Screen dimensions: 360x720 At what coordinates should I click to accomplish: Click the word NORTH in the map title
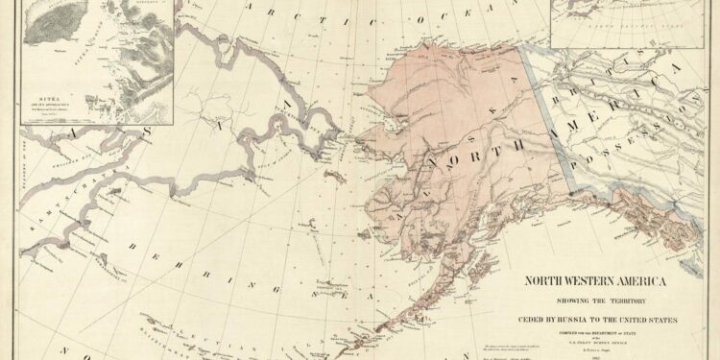[548, 282]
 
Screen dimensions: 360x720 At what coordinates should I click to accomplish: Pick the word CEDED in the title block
[539, 319]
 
